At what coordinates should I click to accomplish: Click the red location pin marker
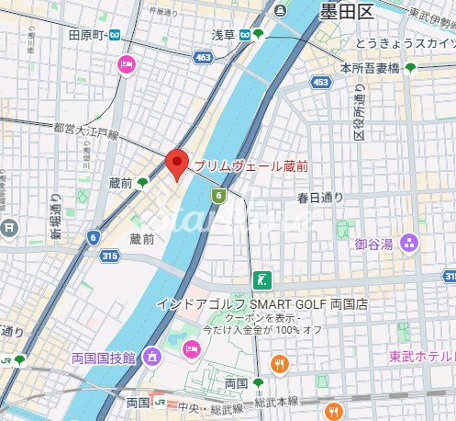coord(176,164)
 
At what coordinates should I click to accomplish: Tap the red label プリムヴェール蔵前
coord(250,165)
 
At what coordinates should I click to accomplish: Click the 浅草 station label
coord(223,35)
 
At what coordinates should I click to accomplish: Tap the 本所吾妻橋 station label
coord(371,67)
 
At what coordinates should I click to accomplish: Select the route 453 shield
coord(320,83)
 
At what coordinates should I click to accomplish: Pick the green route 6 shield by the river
coord(218,195)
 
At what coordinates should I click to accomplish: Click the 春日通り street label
coord(319,198)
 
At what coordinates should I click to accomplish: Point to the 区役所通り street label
coord(360,111)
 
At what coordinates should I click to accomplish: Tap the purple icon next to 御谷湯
coord(409,244)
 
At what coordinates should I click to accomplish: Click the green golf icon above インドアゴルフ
coord(262,280)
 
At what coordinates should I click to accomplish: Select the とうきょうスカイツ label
coord(407,43)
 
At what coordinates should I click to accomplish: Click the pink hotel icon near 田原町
coord(126,64)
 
